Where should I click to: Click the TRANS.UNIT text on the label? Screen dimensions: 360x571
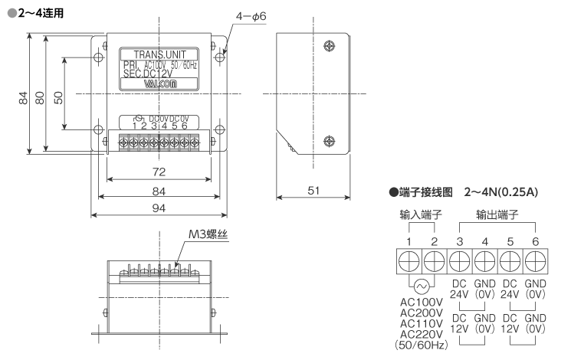[x=156, y=54]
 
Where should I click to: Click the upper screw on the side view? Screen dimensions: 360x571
[x=328, y=45]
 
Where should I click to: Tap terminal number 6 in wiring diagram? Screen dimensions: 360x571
[x=535, y=241]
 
